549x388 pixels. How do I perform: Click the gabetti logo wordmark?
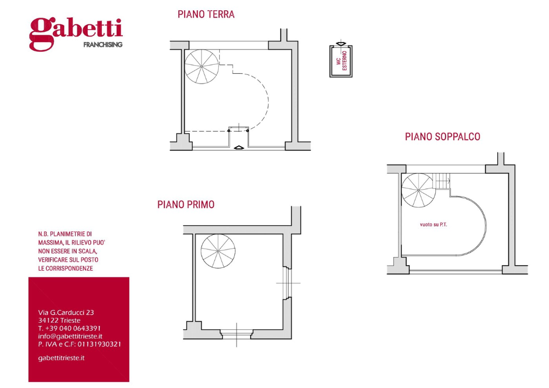click(76, 31)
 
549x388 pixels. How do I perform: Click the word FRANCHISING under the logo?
click(102, 45)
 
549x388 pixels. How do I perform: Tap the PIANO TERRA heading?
click(206, 15)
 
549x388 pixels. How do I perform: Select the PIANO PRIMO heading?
click(186, 205)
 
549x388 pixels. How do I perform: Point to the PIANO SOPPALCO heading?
click(442, 137)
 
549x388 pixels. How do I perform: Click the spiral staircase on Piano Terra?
click(201, 65)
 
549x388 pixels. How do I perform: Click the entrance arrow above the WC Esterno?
click(340, 44)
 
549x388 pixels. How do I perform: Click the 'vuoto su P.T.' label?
click(433, 224)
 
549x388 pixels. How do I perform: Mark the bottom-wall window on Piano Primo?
click(236, 334)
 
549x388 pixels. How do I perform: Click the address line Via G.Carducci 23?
click(66, 312)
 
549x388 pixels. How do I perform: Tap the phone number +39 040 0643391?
click(70, 328)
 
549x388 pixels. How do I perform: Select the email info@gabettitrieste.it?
click(70, 336)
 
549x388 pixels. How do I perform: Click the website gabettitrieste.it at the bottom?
click(61, 358)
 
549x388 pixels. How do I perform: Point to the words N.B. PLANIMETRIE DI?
click(65, 234)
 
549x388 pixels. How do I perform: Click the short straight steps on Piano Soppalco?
click(442, 181)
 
